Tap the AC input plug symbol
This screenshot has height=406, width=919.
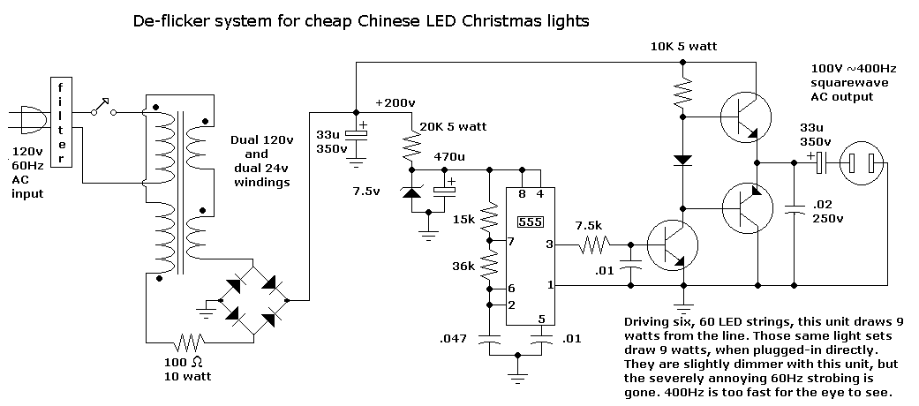29,122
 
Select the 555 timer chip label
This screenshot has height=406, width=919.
530,222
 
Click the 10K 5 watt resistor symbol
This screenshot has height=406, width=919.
682,91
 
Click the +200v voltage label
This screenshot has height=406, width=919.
395,103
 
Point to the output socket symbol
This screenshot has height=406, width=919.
861,162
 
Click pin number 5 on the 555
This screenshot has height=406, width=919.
542,319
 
